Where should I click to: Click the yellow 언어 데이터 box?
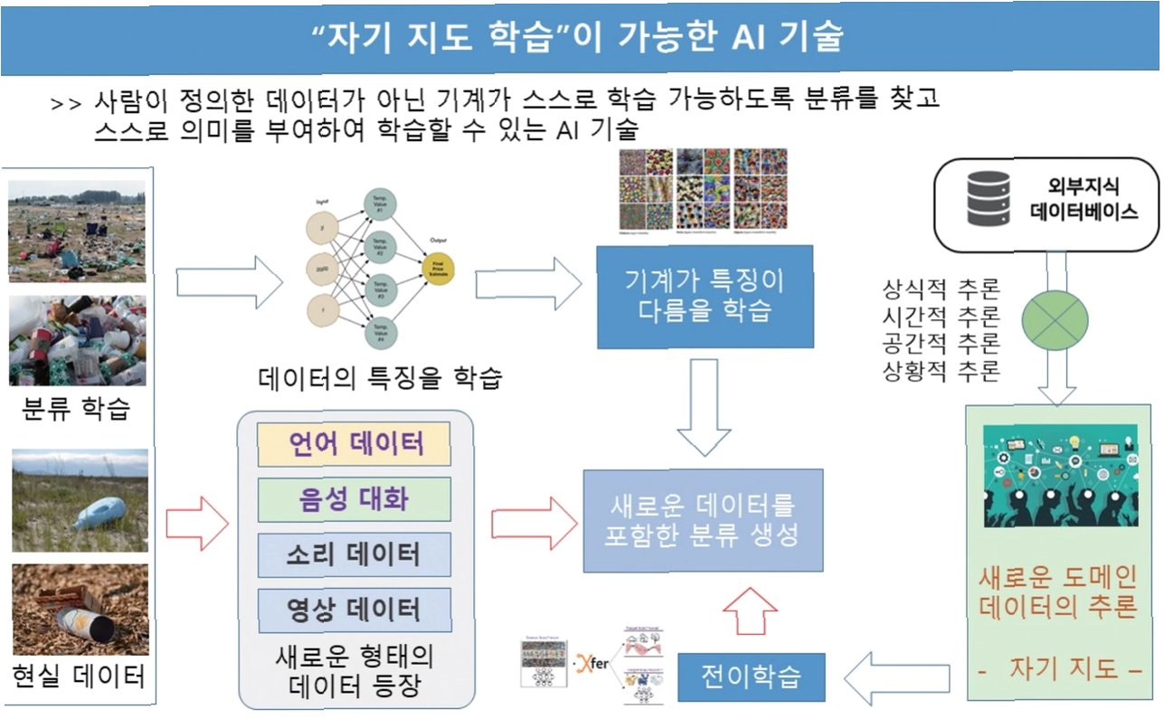pos(355,444)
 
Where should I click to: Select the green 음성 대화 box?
pos(355,498)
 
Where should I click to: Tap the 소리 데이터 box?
pos(355,554)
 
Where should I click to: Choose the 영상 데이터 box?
pos(355,610)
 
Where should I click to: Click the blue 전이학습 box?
pos(751,676)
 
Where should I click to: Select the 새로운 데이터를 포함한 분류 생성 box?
pos(703,520)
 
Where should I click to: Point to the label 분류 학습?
pos(76,409)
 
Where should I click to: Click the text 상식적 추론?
pos(941,290)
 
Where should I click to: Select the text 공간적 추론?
pos(941,345)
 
